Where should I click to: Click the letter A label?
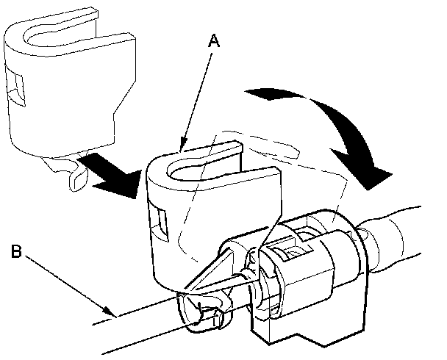pos(214,40)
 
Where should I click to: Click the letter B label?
pos(16,251)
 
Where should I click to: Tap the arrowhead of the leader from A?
pos(182,145)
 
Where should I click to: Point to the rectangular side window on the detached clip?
pos(16,87)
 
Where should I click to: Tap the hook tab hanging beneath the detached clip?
pos(77,179)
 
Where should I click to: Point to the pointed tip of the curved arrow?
pos(368,190)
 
